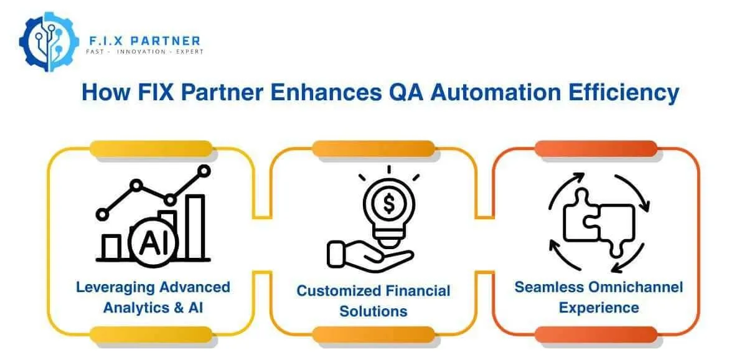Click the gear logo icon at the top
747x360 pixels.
(48, 41)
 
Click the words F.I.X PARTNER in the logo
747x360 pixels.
(143, 41)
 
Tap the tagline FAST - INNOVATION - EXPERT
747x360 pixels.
(144, 52)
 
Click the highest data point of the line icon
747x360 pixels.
(203, 169)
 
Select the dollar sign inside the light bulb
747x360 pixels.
(388, 203)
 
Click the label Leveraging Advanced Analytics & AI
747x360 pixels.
(153, 297)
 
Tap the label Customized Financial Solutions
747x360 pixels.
(373, 300)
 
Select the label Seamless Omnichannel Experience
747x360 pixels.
(598, 297)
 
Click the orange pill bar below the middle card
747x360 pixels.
(373, 334)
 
